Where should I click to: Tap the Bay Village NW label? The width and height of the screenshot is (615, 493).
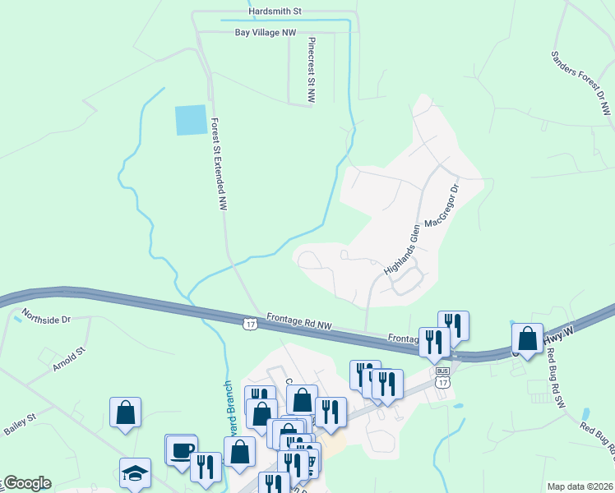point(266,33)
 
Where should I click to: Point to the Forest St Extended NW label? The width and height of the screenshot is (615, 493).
point(218,164)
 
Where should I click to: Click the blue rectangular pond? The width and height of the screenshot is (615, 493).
point(191,121)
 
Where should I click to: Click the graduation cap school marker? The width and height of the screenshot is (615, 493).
point(135,472)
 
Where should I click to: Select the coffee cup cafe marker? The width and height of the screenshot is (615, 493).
point(181,449)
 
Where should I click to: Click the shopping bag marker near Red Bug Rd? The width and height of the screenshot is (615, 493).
point(527,338)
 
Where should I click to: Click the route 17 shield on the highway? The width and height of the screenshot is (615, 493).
point(249,324)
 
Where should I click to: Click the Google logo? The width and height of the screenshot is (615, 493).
point(26,483)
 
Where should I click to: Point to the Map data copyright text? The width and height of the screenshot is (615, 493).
point(580,486)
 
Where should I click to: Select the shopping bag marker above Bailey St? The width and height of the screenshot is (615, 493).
point(125,412)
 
